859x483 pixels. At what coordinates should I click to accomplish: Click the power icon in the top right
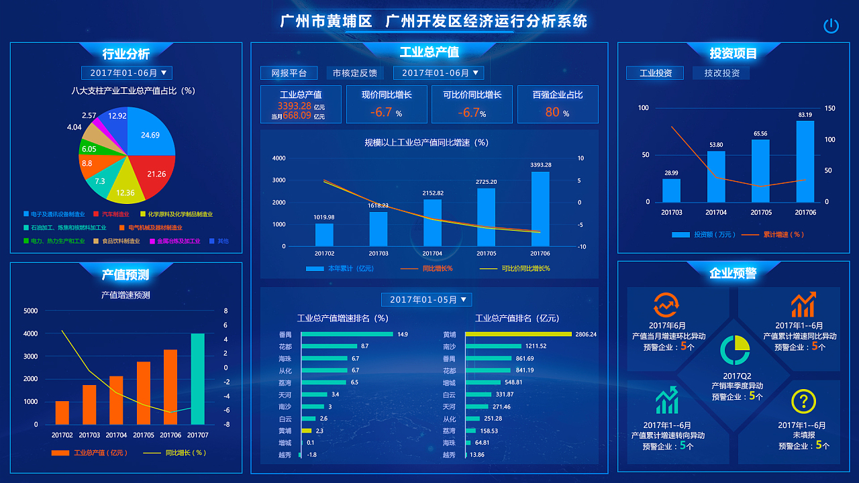pos(831,26)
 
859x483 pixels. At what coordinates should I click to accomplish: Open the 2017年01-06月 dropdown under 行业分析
pos(127,73)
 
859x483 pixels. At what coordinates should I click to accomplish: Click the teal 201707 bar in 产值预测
pos(197,379)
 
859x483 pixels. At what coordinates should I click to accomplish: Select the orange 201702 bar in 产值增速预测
pos(62,413)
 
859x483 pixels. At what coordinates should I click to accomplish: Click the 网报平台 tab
pos(289,73)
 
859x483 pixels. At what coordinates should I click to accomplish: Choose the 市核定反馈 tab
pos(354,73)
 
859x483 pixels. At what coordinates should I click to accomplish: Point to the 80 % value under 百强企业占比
pos(556,113)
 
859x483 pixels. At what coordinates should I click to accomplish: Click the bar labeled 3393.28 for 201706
pos(540,209)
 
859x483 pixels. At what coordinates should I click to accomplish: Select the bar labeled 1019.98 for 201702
pos(324,235)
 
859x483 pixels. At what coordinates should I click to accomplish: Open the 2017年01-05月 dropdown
pos(427,300)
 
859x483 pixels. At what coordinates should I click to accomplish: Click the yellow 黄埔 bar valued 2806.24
pos(518,334)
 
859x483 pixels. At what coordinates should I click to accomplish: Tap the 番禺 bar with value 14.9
pos(347,334)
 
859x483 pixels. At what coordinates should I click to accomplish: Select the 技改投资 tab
pos(721,73)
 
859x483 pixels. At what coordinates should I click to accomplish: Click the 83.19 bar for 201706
pos(805,161)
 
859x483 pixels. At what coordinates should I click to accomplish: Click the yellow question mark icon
pos(803,402)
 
